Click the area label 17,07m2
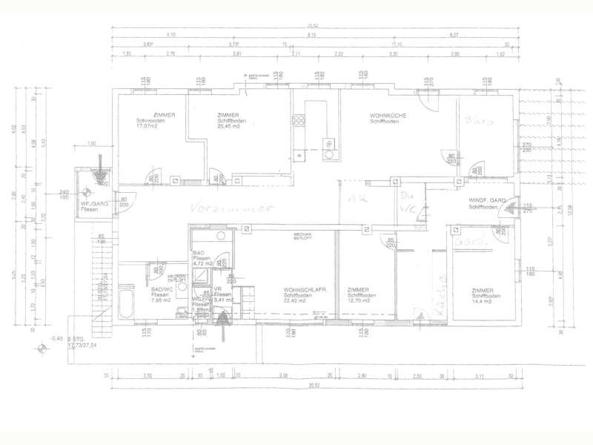coord(148,125)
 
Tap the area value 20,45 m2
coord(232,125)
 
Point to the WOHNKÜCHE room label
coord(388,115)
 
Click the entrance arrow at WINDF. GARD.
coord(511,210)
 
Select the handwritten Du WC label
coord(408,203)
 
